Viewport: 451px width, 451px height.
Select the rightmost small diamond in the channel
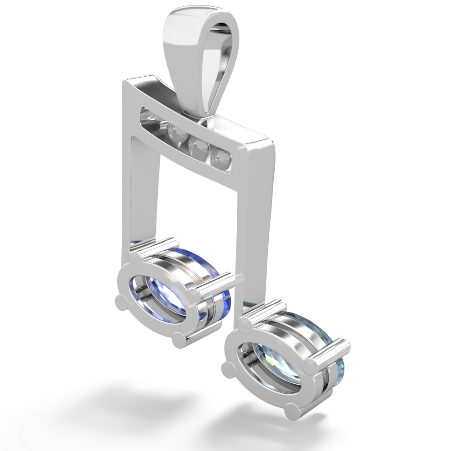[222, 157]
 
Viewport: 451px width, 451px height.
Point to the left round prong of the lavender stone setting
[119, 301]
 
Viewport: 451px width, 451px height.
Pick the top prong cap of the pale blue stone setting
[248, 321]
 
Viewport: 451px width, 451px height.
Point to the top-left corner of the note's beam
[124, 81]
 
